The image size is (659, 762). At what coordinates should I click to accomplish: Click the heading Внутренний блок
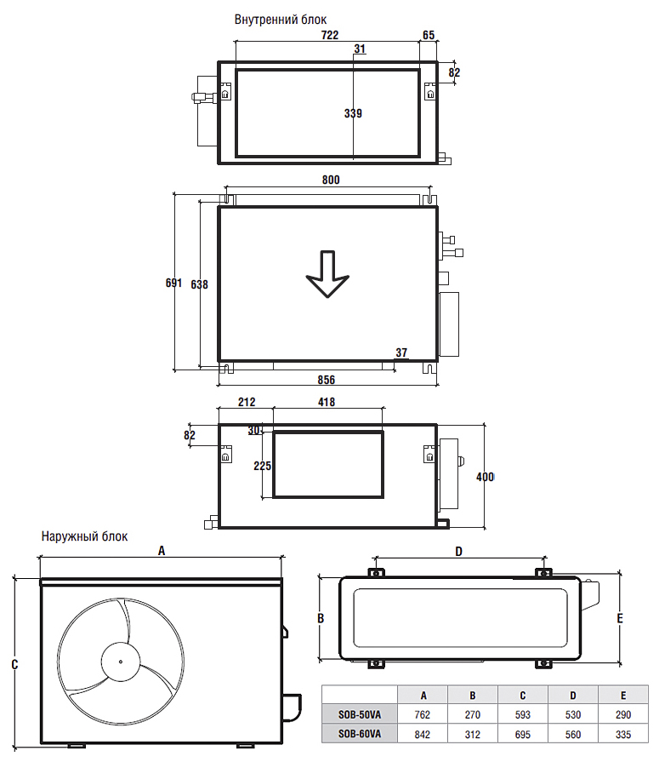point(281,20)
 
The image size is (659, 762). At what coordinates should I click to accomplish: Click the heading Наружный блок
point(84,536)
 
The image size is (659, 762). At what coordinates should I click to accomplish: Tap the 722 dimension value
point(330,35)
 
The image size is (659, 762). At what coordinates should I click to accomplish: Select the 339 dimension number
point(353,113)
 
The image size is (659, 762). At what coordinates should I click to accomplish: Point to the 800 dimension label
point(331,180)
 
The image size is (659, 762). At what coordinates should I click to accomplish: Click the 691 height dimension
point(173,283)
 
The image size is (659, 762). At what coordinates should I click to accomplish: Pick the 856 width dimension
point(327,380)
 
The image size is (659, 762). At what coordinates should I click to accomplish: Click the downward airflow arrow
point(327,274)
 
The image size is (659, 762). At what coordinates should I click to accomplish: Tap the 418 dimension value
point(327,403)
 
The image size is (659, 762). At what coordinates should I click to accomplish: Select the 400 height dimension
point(485,478)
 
